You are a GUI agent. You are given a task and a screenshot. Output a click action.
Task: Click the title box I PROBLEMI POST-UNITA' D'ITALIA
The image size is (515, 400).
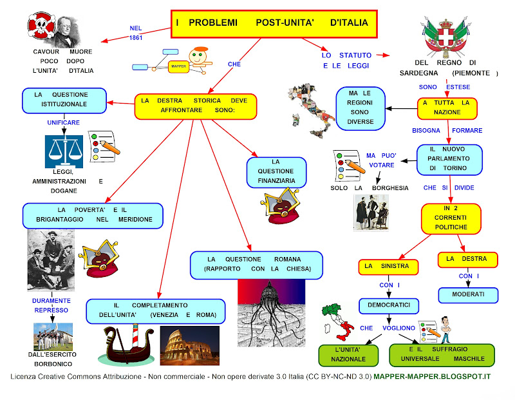272,23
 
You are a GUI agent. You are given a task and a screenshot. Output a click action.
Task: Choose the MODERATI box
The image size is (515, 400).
468,294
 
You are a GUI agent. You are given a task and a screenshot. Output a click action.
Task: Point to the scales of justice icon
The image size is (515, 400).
64,149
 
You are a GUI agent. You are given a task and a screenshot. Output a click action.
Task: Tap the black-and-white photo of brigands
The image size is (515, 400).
51,260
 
